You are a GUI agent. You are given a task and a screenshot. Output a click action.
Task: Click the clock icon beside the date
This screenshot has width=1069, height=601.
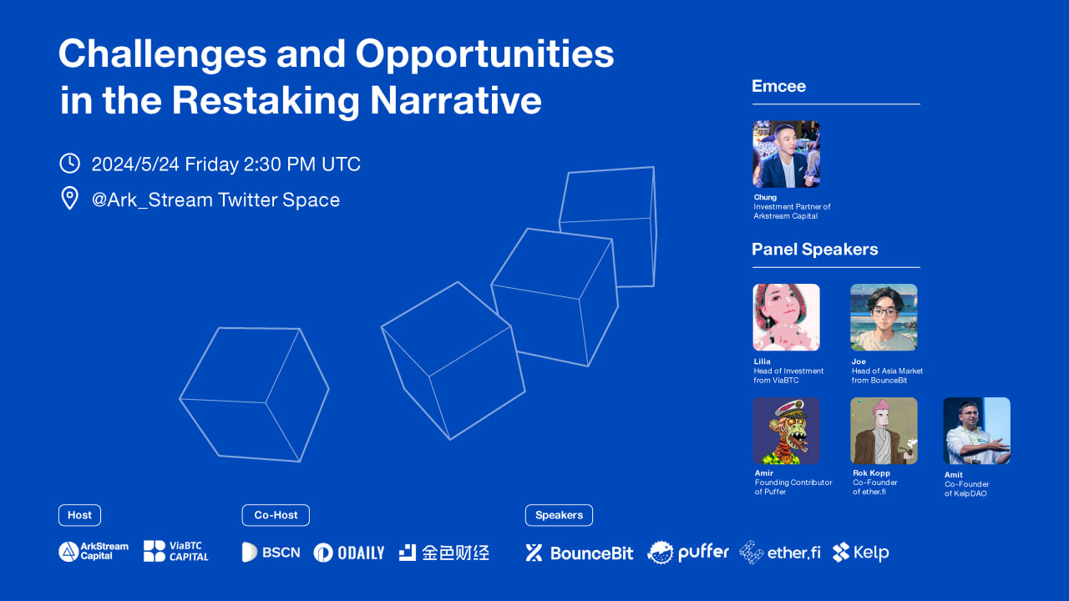[69, 163]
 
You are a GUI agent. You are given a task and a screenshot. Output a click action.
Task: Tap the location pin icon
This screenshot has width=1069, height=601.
[69, 198]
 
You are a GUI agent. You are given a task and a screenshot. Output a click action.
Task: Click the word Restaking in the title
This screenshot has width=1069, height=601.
[265, 101]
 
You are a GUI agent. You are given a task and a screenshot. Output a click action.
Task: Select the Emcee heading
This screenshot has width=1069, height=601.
[778, 86]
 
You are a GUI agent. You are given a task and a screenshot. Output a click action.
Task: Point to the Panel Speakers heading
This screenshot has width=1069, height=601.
[814, 250]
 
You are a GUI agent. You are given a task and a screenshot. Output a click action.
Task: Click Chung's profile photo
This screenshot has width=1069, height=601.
[786, 154]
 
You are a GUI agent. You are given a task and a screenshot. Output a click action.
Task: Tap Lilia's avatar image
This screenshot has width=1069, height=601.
[786, 317]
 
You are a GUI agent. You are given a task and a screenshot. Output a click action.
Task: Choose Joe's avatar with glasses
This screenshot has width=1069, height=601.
[884, 317]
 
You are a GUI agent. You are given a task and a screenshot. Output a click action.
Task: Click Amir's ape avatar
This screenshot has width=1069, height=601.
[786, 431]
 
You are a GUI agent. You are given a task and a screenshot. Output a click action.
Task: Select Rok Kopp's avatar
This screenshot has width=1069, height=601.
[884, 431]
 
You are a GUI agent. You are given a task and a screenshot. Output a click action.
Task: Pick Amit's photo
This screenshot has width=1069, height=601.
[977, 431]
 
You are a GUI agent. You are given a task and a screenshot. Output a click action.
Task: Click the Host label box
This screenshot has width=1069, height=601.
[79, 515]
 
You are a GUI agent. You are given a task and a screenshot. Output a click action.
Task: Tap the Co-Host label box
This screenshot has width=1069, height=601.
[276, 515]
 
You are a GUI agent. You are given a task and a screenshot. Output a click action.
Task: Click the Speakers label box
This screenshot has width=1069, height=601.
[559, 515]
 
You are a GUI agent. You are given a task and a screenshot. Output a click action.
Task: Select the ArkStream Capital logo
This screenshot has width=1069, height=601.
[94, 552]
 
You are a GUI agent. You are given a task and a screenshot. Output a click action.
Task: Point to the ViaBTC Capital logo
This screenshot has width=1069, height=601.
[176, 552]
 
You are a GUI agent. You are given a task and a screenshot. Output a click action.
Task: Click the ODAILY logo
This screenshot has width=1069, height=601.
[349, 553]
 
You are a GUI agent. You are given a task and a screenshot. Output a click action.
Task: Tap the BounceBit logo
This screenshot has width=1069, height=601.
[580, 553]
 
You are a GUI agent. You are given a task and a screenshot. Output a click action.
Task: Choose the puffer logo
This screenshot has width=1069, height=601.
[688, 553]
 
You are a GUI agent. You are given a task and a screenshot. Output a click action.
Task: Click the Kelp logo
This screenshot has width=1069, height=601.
[861, 553]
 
